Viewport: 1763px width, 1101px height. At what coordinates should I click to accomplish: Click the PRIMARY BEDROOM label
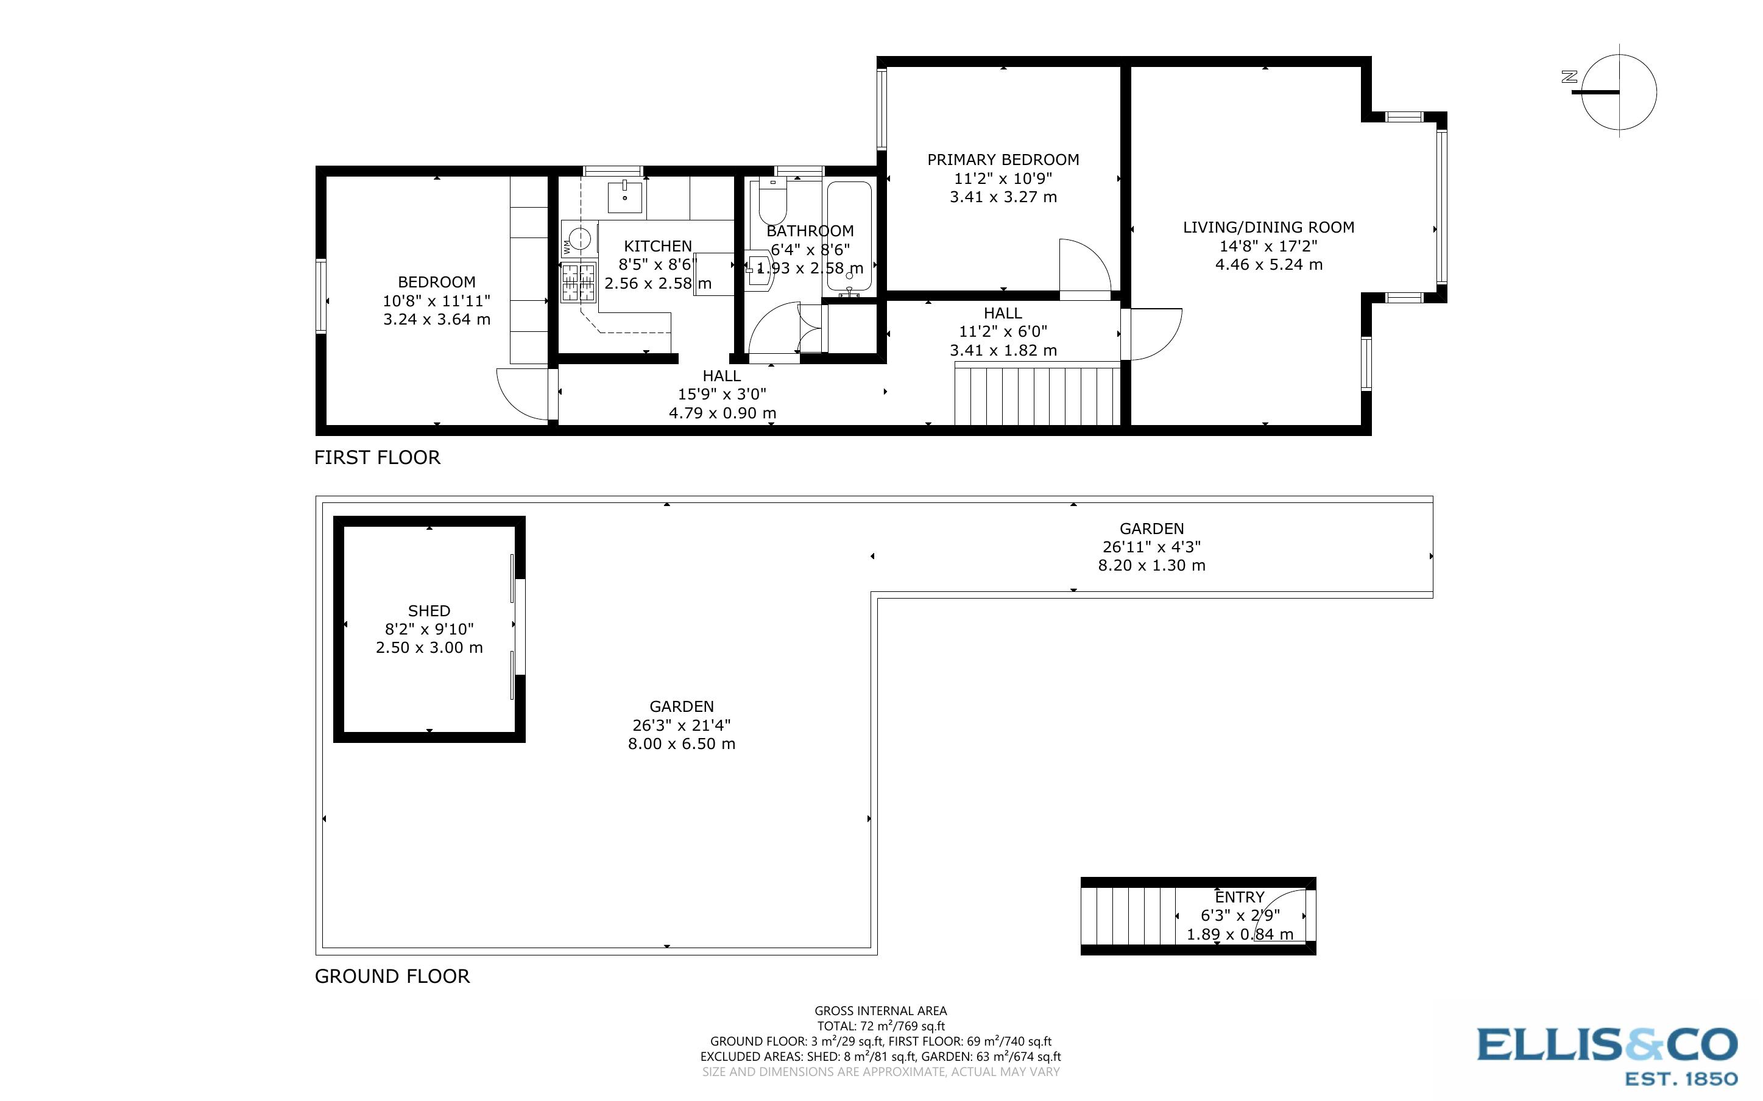[x=1003, y=160]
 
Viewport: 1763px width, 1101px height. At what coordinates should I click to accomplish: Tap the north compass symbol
[x=1618, y=92]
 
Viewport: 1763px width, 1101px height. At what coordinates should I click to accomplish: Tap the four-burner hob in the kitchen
[x=578, y=283]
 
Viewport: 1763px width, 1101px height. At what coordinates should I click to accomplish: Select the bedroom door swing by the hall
[x=521, y=394]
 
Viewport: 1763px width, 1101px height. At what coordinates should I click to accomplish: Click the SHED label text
[x=429, y=611]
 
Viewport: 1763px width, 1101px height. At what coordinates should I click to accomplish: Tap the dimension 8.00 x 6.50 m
[x=682, y=744]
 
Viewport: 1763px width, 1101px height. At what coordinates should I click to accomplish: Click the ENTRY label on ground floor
[x=1240, y=897]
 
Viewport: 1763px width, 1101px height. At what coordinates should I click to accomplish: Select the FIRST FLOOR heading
[x=377, y=457]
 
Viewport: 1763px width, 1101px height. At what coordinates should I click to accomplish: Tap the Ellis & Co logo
[x=1606, y=1055]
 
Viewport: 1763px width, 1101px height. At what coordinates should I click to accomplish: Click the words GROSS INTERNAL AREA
[x=880, y=1011]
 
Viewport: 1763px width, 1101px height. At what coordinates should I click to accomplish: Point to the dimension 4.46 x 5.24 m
[x=1268, y=264]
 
